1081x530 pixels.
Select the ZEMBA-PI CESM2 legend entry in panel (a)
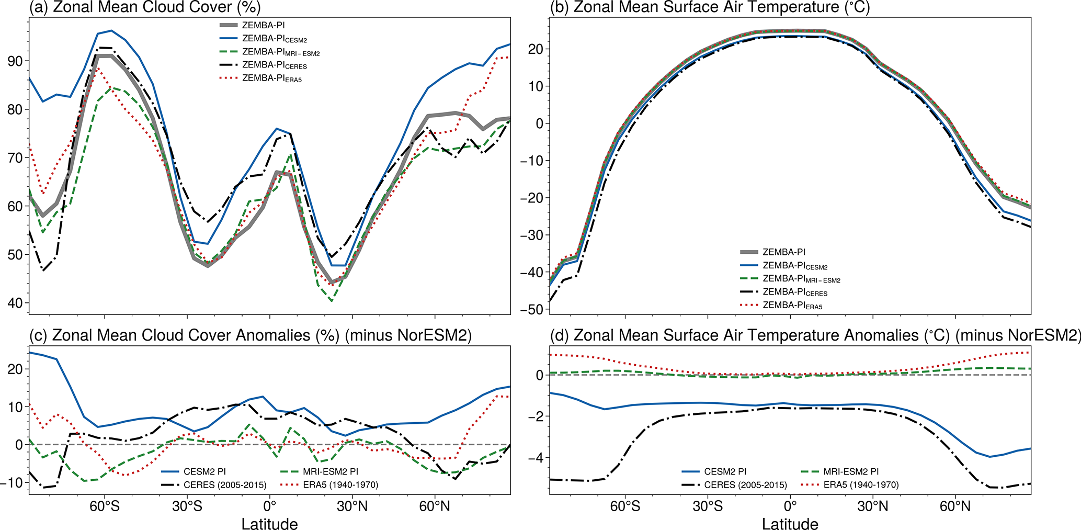click(270, 39)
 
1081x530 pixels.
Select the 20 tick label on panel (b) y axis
click(534, 49)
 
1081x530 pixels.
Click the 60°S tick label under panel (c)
click(105, 506)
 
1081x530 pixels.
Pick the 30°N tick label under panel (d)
click(872, 506)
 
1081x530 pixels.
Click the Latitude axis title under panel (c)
click(269, 524)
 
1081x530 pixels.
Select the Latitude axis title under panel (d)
click(790, 524)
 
